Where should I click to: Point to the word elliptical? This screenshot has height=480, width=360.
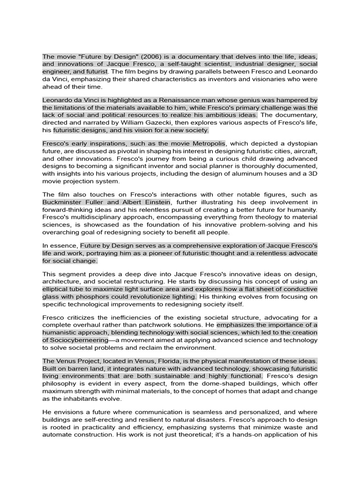click(x=57, y=289)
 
